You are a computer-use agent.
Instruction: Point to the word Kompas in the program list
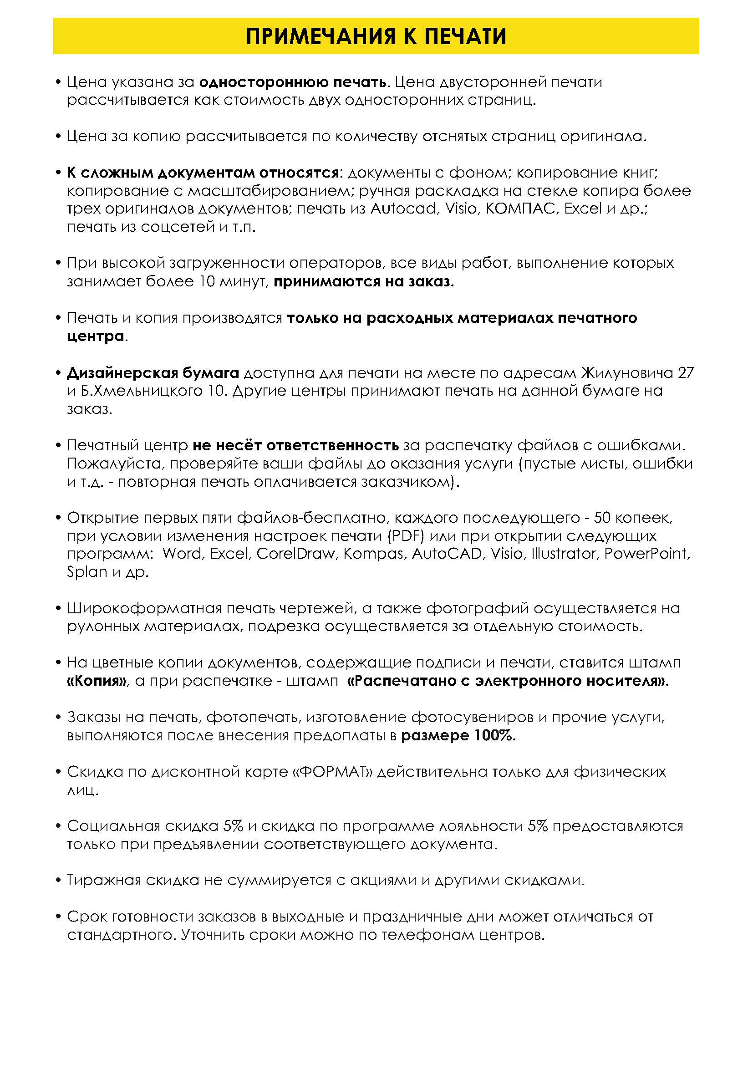(x=373, y=554)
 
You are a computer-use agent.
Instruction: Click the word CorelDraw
(x=295, y=554)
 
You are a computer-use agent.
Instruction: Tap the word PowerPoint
(x=647, y=554)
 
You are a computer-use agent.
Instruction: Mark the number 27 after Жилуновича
(x=686, y=373)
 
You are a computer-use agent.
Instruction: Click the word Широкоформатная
(x=143, y=608)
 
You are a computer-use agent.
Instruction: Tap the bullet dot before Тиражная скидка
(x=58, y=881)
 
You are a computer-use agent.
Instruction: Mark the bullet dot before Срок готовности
(x=58, y=917)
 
